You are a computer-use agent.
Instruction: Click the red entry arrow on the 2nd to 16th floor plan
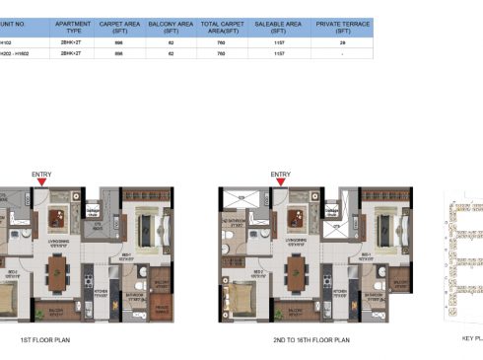click(281, 182)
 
